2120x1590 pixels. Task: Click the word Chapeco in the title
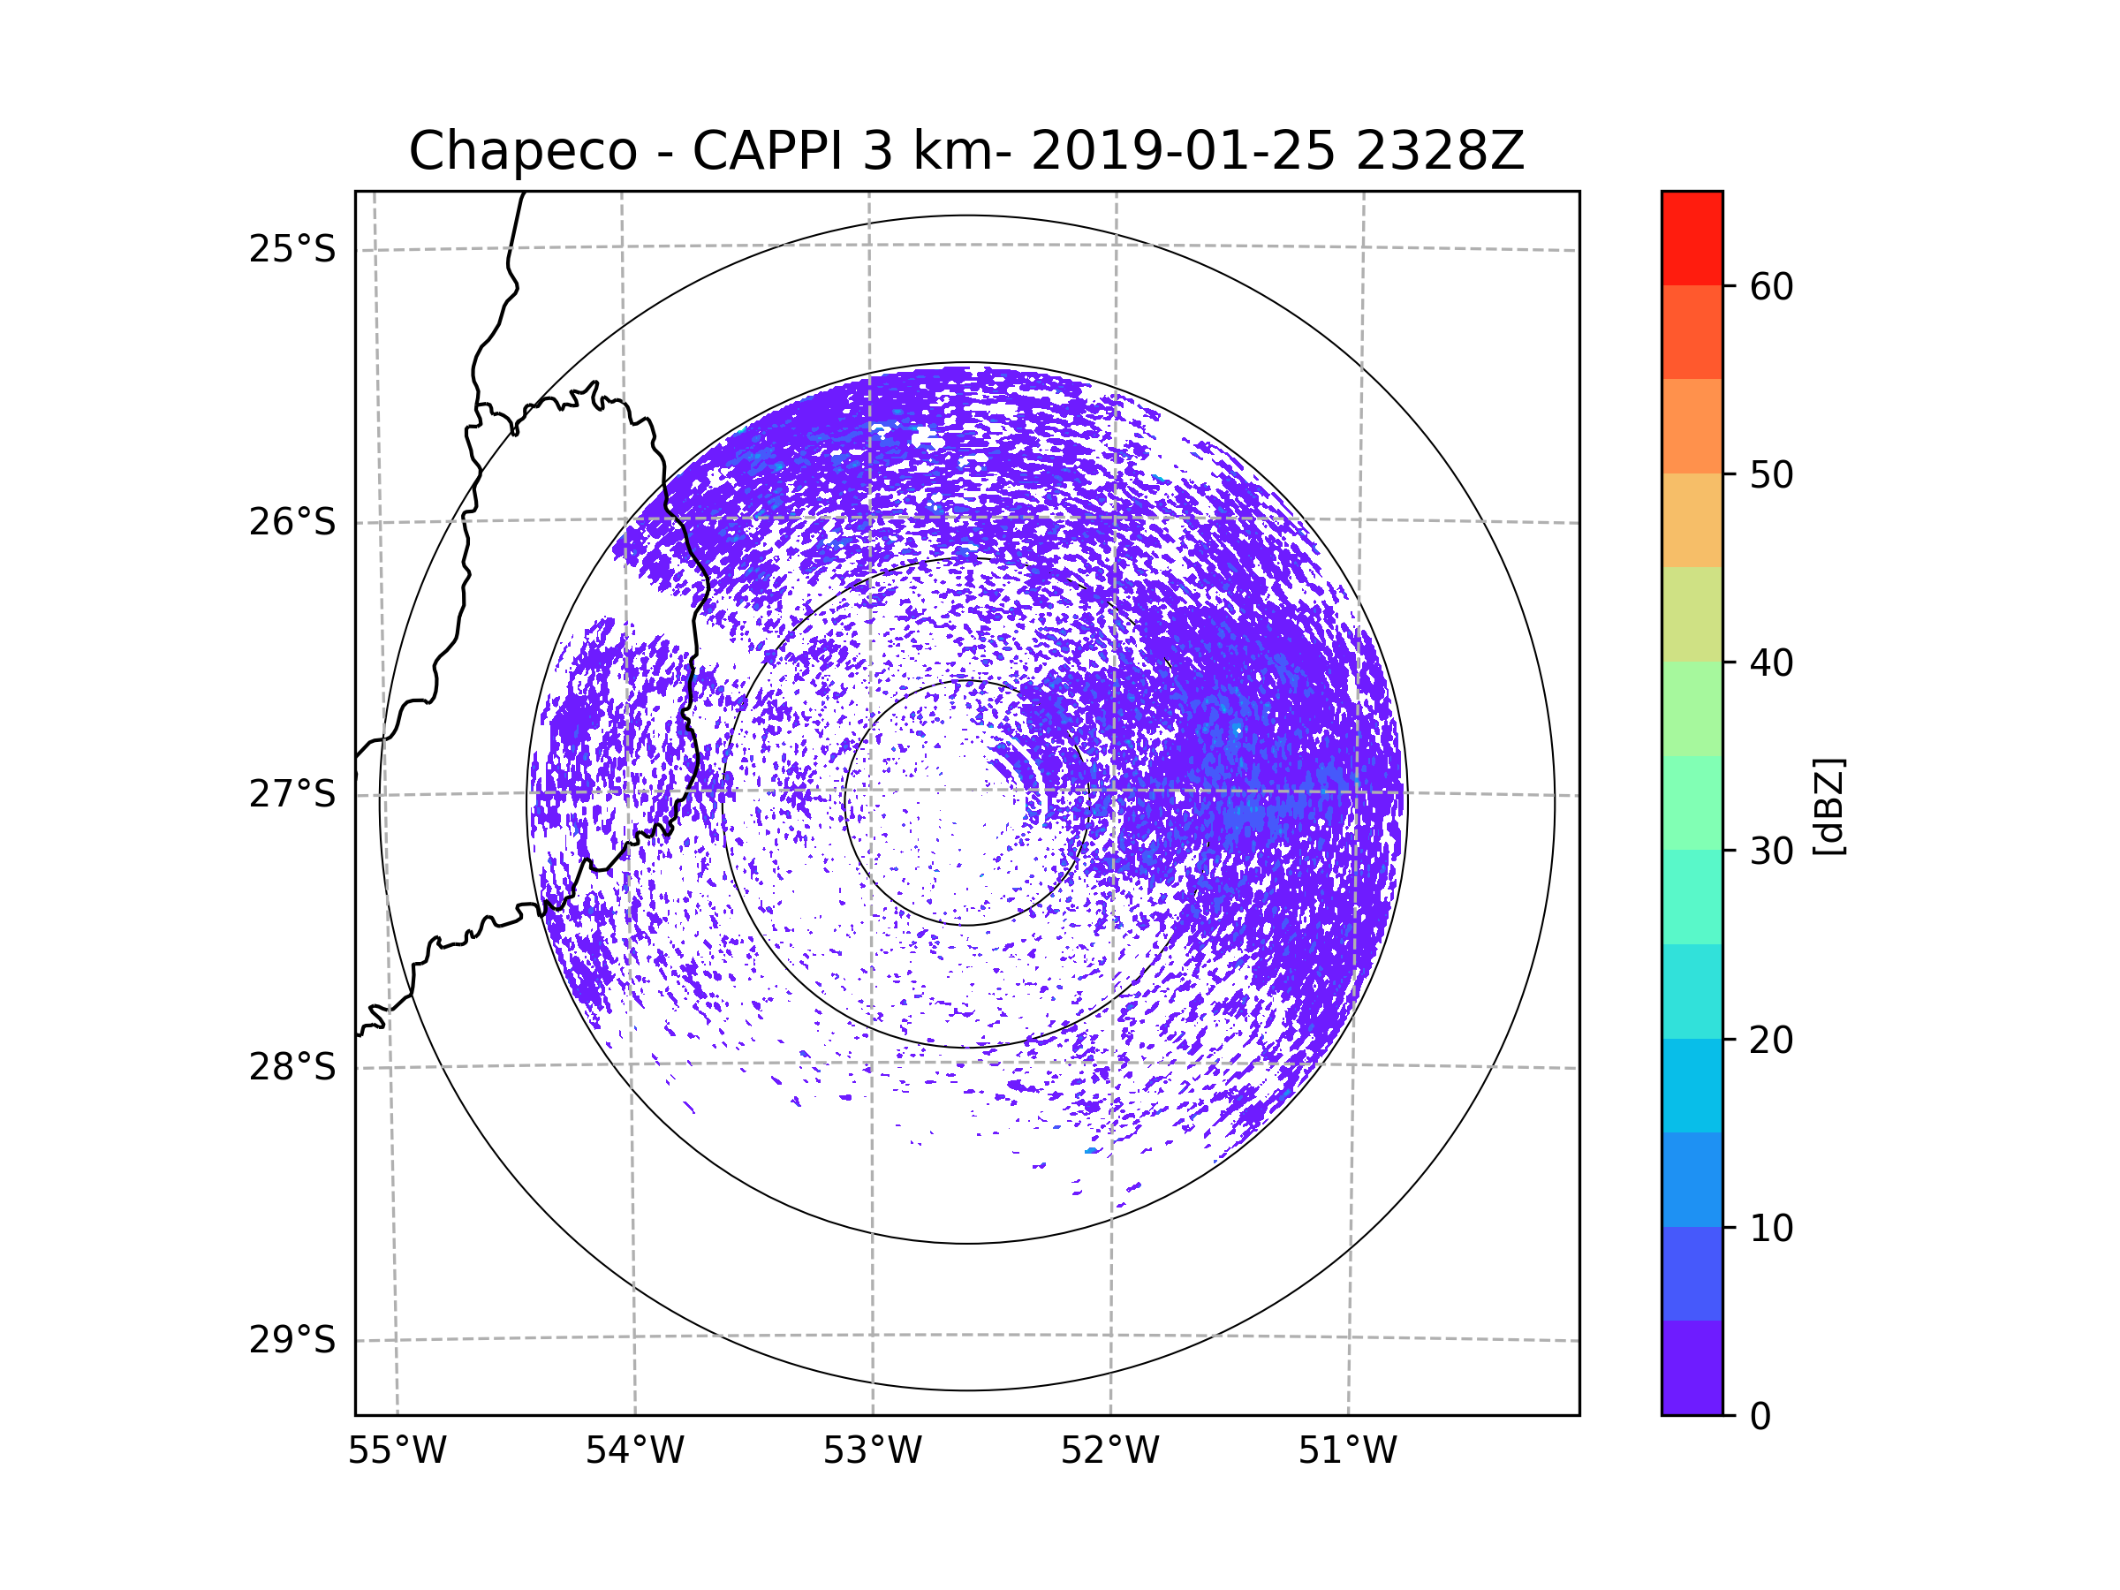[x=522, y=151]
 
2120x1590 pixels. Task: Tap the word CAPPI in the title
[x=768, y=151]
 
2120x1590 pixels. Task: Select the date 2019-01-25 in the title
[x=1182, y=151]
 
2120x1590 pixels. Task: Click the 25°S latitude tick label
[x=292, y=249]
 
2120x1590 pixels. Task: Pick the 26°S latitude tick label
[x=292, y=522]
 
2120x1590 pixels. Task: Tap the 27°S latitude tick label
[x=292, y=794]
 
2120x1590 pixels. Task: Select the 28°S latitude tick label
[x=292, y=1067]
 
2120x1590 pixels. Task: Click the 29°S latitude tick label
[x=292, y=1340]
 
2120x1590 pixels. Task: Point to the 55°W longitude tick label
[x=397, y=1451]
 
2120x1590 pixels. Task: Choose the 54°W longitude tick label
[x=634, y=1451]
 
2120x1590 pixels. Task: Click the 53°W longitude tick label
[x=872, y=1451]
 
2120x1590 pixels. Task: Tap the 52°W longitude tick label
[x=1109, y=1451]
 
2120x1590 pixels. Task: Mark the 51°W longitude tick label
[x=1347, y=1451]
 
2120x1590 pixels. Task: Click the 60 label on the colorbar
[x=1771, y=286]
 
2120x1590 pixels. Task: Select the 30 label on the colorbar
[x=1771, y=851]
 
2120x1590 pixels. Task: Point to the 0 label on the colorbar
[x=1760, y=1417]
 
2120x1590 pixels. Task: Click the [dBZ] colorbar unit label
[x=1828, y=806]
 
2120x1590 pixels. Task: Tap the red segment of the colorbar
[x=1692, y=238]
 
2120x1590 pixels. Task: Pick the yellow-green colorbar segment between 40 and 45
[x=1692, y=614]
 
